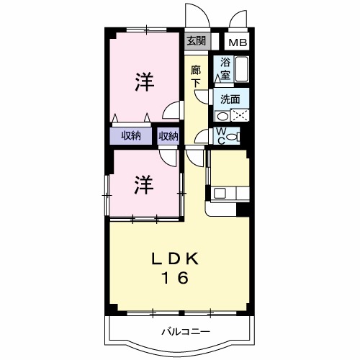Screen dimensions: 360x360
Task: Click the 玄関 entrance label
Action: pyautogui.click(x=196, y=41)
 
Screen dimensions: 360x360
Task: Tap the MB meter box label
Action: pyautogui.click(x=238, y=42)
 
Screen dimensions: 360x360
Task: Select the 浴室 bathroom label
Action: pyautogui.click(x=225, y=68)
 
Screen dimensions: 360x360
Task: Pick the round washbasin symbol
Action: pyautogui.click(x=222, y=115)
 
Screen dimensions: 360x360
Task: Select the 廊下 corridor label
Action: pyautogui.click(x=196, y=76)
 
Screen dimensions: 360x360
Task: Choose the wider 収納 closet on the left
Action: pyautogui.click(x=130, y=135)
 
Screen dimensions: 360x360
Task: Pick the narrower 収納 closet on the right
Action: pyautogui.click(x=168, y=135)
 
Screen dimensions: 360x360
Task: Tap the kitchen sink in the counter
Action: pyautogui.click(x=219, y=192)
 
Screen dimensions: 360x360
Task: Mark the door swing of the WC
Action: pyautogui.click(x=204, y=137)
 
